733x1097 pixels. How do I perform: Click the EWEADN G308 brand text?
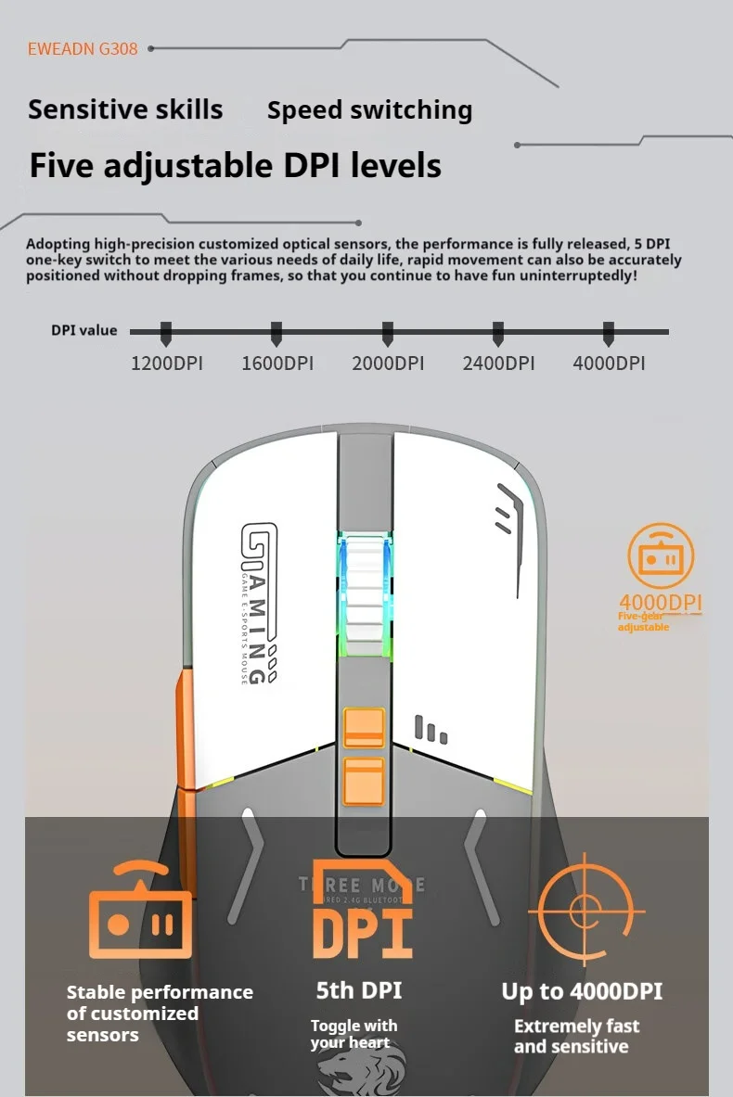point(83,49)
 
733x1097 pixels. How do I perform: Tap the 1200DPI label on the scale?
point(166,364)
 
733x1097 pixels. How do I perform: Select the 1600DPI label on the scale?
point(277,364)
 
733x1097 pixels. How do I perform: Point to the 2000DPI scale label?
point(388,364)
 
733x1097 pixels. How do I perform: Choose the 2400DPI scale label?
point(498,364)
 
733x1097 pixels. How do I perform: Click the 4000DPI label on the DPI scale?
point(609,364)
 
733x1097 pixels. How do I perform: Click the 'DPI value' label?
point(84,331)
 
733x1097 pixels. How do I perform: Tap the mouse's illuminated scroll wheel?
point(366,593)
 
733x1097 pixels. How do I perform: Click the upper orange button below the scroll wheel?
point(365,727)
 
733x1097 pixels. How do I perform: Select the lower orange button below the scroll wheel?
point(365,779)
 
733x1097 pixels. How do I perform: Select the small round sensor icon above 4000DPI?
point(660,555)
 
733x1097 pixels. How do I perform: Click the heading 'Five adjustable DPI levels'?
point(235,166)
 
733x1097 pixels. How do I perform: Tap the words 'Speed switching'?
point(369,110)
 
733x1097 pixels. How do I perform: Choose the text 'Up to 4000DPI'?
point(582,991)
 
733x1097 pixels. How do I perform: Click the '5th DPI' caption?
point(358,990)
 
